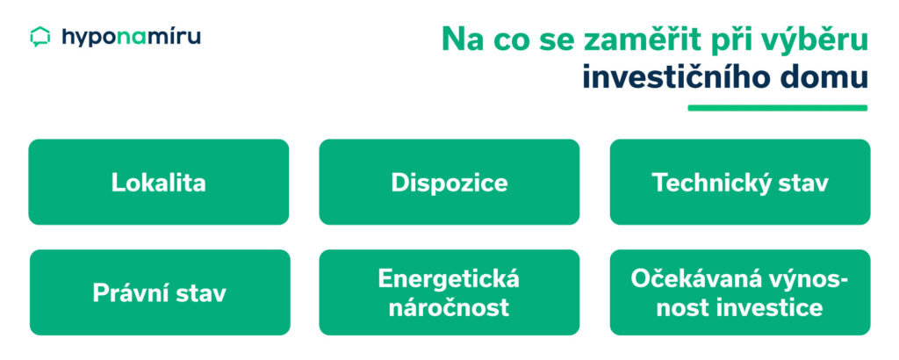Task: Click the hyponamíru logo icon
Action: pyautogui.click(x=40, y=37)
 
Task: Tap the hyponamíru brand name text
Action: pyautogui.click(x=131, y=37)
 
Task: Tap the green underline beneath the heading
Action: pyautogui.click(x=777, y=108)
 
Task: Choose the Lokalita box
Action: pyautogui.click(x=159, y=182)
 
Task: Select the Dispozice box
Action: pyautogui.click(x=449, y=182)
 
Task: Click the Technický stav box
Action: pyautogui.click(x=739, y=182)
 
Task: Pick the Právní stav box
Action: pyautogui.click(x=159, y=292)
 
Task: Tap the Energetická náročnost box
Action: pyautogui.click(x=449, y=292)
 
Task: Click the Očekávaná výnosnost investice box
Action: pyautogui.click(x=739, y=292)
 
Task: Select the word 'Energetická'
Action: pyautogui.click(x=449, y=279)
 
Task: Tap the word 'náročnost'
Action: pyautogui.click(x=449, y=307)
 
